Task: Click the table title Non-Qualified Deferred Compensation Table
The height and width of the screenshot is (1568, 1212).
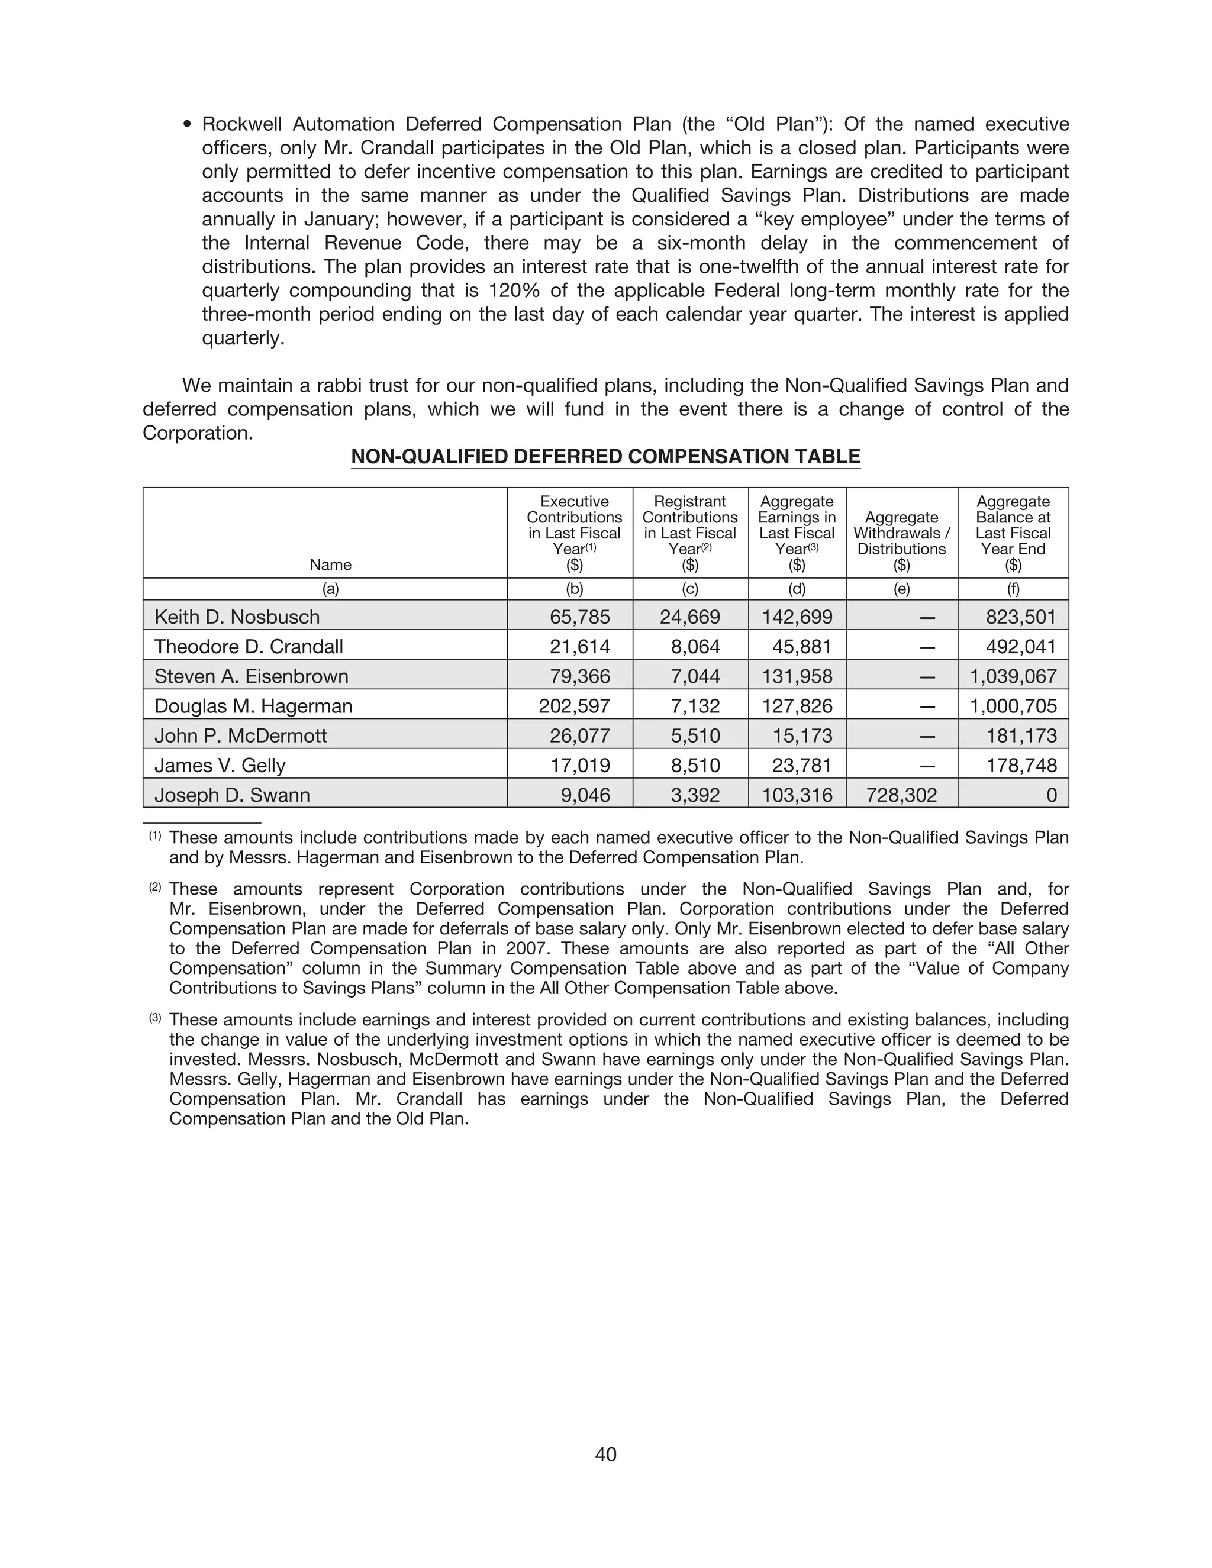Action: point(605,457)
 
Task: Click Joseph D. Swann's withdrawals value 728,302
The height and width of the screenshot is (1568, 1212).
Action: point(901,795)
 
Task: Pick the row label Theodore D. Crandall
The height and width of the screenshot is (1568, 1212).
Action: point(249,646)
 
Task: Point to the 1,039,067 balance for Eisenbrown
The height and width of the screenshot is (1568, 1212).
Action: point(1013,676)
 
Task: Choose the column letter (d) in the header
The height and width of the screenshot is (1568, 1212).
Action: point(797,589)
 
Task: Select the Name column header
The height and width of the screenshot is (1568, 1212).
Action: point(330,565)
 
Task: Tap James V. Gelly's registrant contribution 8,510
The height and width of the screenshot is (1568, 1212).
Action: point(695,765)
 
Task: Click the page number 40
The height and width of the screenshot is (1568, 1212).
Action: point(605,1454)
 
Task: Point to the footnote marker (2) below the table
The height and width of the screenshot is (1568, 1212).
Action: point(155,888)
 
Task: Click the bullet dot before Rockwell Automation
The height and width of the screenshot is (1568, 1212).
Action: point(188,125)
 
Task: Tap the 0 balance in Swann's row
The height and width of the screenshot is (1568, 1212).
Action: point(1051,795)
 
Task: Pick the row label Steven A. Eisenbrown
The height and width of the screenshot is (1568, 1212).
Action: point(252,676)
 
